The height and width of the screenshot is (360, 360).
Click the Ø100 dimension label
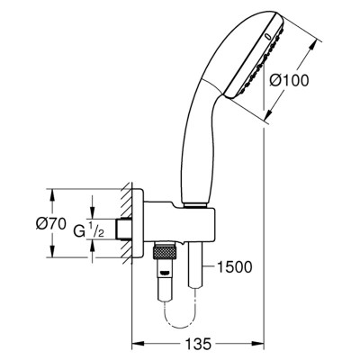coord(289,80)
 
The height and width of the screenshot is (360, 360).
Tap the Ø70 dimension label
coord(51,223)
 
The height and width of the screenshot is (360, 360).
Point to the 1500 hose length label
coord(234,267)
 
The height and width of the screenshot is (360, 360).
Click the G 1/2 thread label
coord(89,230)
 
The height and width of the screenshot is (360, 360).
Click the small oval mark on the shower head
coord(268,38)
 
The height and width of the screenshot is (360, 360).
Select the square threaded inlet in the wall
coord(124,229)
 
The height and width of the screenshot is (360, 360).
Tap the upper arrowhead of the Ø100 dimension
coord(312,46)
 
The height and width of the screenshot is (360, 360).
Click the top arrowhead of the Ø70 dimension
coord(52,194)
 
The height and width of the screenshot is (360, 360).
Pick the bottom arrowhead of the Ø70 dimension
coord(52,251)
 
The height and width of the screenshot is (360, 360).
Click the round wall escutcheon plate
coord(138,223)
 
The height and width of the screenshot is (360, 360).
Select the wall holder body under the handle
coord(179,221)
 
